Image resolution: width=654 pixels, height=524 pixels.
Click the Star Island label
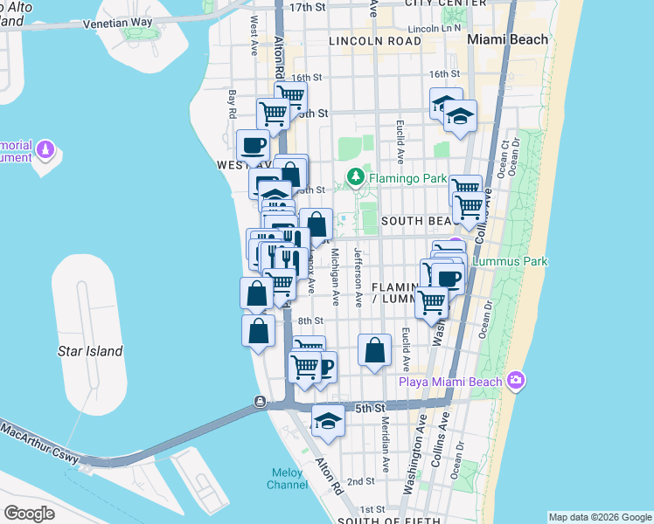(x=91, y=351)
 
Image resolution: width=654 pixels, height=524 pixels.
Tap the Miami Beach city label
(x=507, y=39)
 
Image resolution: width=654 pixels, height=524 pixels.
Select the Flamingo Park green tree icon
(x=355, y=177)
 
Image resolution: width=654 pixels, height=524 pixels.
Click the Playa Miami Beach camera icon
(x=516, y=380)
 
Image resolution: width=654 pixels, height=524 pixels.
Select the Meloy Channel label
(x=287, y=479)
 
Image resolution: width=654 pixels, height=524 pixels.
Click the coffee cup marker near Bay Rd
(x=254, y=146)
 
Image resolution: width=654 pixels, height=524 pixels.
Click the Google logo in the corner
(x=29, y=514)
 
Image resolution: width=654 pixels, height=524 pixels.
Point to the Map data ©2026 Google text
(x=599, y=517)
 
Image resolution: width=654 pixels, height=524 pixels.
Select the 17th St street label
(x=307, y=7)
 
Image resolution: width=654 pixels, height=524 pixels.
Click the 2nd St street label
(x=361, y=481)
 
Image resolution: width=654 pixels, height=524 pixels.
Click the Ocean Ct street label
(x=505, y=157)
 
